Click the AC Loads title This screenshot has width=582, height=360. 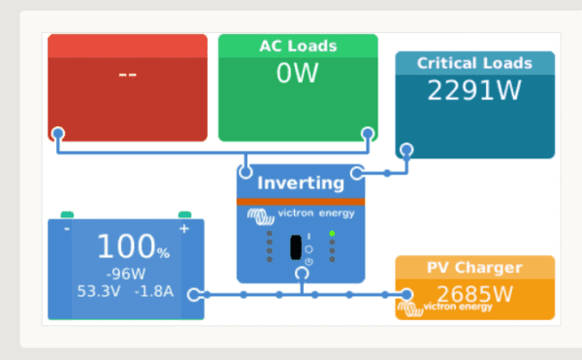point(298,46)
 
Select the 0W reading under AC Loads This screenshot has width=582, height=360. point(297,74)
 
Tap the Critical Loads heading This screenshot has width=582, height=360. point(474,63)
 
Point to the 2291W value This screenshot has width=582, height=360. point(474,90)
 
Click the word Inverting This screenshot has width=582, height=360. point(301,182)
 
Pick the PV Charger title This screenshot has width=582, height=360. point(474,268)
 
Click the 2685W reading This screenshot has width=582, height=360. point(474,293)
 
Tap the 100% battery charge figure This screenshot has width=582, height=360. point(132,246)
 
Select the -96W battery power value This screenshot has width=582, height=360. point(125,273)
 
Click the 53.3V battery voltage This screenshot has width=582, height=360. point(100,290)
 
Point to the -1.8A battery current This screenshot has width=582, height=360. point(153,290)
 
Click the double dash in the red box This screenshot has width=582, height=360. point(127,74)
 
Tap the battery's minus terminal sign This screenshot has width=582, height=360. point(66,229)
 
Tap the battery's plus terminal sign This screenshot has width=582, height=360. point(183,229)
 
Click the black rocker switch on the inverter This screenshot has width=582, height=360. point(296,246)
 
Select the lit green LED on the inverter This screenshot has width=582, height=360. point(332,234)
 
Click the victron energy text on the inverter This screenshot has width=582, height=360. point(315,213)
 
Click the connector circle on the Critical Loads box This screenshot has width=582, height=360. point(406,150)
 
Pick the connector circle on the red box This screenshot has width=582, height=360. point(58,133)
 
